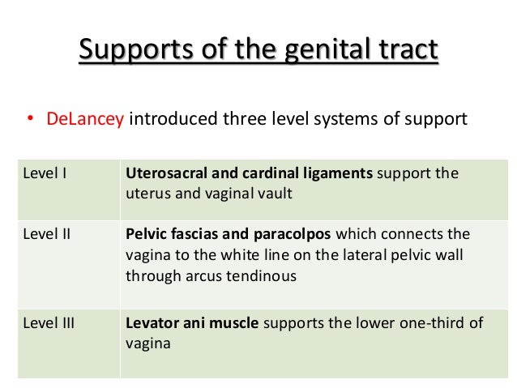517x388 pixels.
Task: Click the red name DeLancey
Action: tap(85, 119)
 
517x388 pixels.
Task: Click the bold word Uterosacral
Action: tap(168, 173)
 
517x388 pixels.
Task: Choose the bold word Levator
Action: tap(152, 323)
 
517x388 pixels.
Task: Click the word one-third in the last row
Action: tap(436, 323)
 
